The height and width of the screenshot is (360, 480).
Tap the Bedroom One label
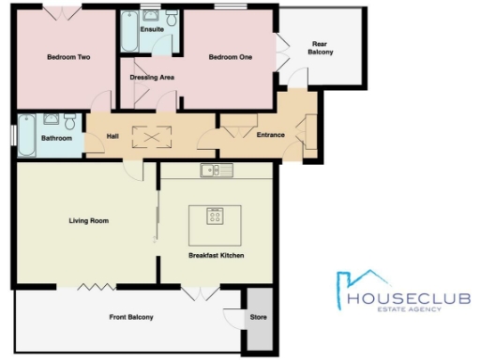(x=230, y=57)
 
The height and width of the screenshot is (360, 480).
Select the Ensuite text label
(x=151, y=30)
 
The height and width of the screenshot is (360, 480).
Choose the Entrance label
(x=270, y=135)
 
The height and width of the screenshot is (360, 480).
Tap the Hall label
(x=112, y=137)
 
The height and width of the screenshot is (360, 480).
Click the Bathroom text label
(x=56, y=137)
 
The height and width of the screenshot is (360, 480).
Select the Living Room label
(x=89, y=221)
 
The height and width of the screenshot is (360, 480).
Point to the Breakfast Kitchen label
(x=216, y=255)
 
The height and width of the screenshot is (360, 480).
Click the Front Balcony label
(x=129, y=318)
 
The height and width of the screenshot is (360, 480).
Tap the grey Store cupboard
(x=258, y=320)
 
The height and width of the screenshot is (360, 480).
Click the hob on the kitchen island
(x=215, y=217)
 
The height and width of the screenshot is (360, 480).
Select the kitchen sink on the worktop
(x=217, y=170)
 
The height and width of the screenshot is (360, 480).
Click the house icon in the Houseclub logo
(x=361, y=280)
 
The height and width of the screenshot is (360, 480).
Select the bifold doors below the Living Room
(x=92, y=286)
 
